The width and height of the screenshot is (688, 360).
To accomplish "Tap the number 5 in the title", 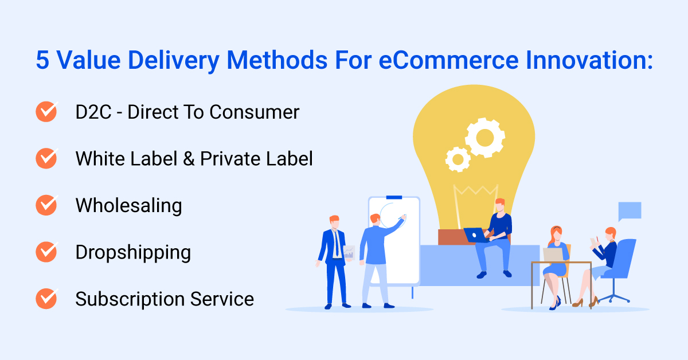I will click(x=42, y=60).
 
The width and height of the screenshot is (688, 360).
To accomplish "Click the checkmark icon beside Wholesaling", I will click(x=46, y=205).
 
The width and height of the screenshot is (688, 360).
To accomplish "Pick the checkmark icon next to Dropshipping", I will click(x=46, y=252).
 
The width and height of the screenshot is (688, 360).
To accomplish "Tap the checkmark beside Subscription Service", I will click(x=46, y=299).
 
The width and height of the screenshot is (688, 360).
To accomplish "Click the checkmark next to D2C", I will click(x=46, y=112).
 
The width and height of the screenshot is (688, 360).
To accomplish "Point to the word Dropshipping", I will click(x=133, y=253).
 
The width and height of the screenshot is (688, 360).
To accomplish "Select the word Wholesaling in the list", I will click(x=128, y=205).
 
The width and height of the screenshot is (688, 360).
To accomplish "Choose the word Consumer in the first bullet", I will click(x=253, y=112).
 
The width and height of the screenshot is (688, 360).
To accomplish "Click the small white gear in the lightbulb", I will click(x=458, y=158).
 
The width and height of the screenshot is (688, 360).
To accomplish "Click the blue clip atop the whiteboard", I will click(x=394, y=198).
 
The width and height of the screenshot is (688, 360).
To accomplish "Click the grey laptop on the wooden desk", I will click(x=553, y=254).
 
